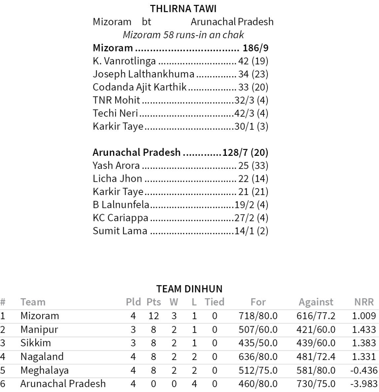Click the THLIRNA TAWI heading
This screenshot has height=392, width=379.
pyautogui.click(x=183, y=9)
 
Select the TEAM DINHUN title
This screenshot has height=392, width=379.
pyautogui.click(x=189, y=289)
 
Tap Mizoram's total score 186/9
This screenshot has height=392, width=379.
pyautogui.click(x=256, y=48)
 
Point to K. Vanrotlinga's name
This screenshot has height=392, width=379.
pyautogui.click(x=124, y=61)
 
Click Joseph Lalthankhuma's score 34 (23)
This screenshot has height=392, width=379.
pyautogui.click(x=253, y=74)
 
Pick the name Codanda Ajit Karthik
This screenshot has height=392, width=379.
pyautogui.click(x=139, y=87)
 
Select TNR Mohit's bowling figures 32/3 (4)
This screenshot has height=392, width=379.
pyautogui.click(x=251, y=100)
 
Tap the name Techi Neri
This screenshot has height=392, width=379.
pyautogui.click(x=115, y=113)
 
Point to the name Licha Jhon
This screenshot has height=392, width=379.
pyautogui.click(x=118, y=179)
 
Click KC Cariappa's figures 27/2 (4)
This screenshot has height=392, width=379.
pyautogui.click(x=251, y=218)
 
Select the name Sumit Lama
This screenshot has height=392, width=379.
pyautogui.click(x=120, y=231)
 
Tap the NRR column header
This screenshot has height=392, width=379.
pyautogui.click(x=364, y=302)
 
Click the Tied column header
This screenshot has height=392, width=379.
pyautogui.click(x=214, y=302)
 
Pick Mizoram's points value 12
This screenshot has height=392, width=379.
pyautogui.click(x=154, y=316)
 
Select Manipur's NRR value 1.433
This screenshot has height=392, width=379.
pyautogui.click(x=364, y=329)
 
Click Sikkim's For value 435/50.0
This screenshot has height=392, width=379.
pyautogui.click(x=258, y=343)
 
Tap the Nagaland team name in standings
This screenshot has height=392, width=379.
pyautogui.click(x=42, y=356)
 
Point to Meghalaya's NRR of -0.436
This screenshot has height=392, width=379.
pyautogui.click(x=363, y=370)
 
